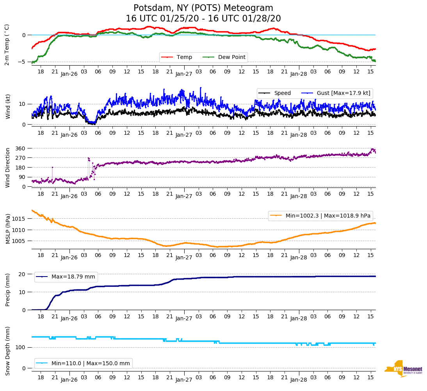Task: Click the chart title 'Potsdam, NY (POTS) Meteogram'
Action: [x=203, y=8]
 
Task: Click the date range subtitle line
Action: [x=203, y=19]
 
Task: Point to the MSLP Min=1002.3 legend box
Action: [x=320, y=216]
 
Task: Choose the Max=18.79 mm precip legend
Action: [x=66, y=277]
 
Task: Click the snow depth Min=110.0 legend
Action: [x=83, y=363]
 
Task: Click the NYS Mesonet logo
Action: [x=403, y=368]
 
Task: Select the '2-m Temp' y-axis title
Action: [x=7, y=45]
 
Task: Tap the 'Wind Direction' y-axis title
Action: [x=7, y=167]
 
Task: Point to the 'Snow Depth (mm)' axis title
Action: [x=7, y=351]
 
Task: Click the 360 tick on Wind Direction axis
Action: [x=20, y=148]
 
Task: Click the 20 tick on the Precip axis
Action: [x=23, y=274]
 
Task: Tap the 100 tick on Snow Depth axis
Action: [x=21, y=348]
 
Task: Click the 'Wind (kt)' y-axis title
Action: [x=7, y=106]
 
